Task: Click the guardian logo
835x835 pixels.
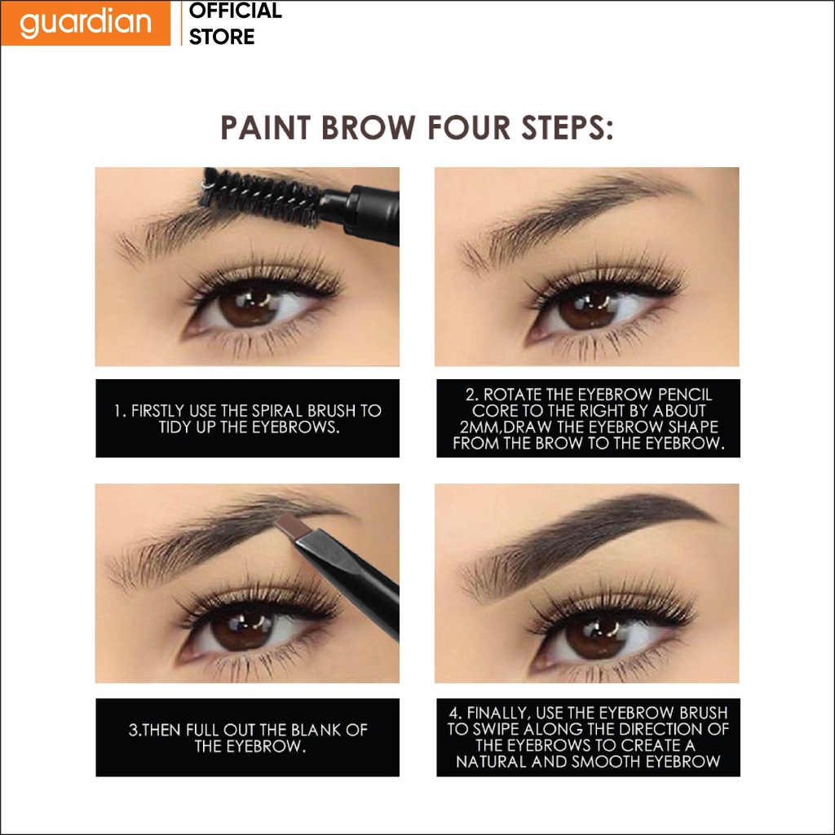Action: point(85,23)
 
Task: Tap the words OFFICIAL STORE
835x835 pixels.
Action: point(236,24)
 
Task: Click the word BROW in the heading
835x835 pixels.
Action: point(368,128)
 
